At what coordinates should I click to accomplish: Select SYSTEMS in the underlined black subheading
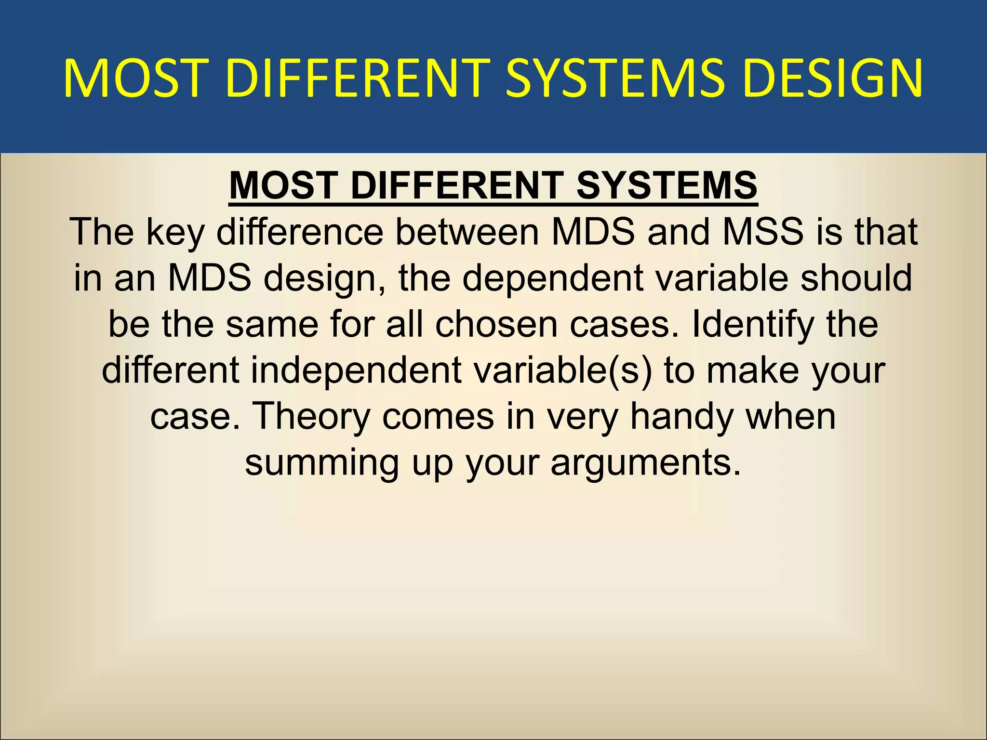[667, 185]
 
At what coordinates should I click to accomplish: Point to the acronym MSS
[763, 232]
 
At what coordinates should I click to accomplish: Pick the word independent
[356, 371]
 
